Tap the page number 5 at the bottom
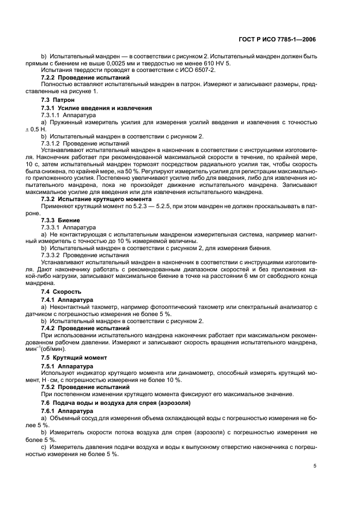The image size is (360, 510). pyautogui.click(x=315, y=466)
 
